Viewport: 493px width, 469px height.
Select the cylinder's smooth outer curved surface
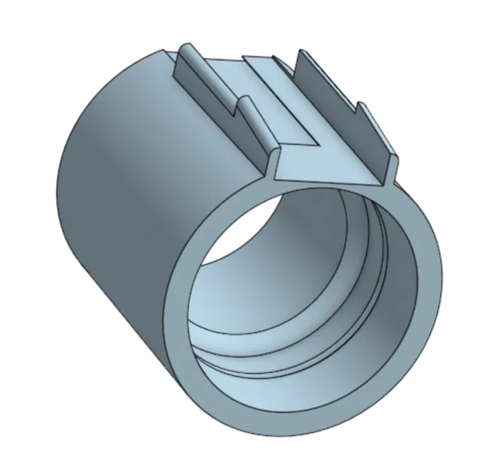(113, 225)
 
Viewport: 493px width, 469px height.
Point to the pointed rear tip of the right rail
(302, 53)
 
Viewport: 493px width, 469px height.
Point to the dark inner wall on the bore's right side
(398, 285)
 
